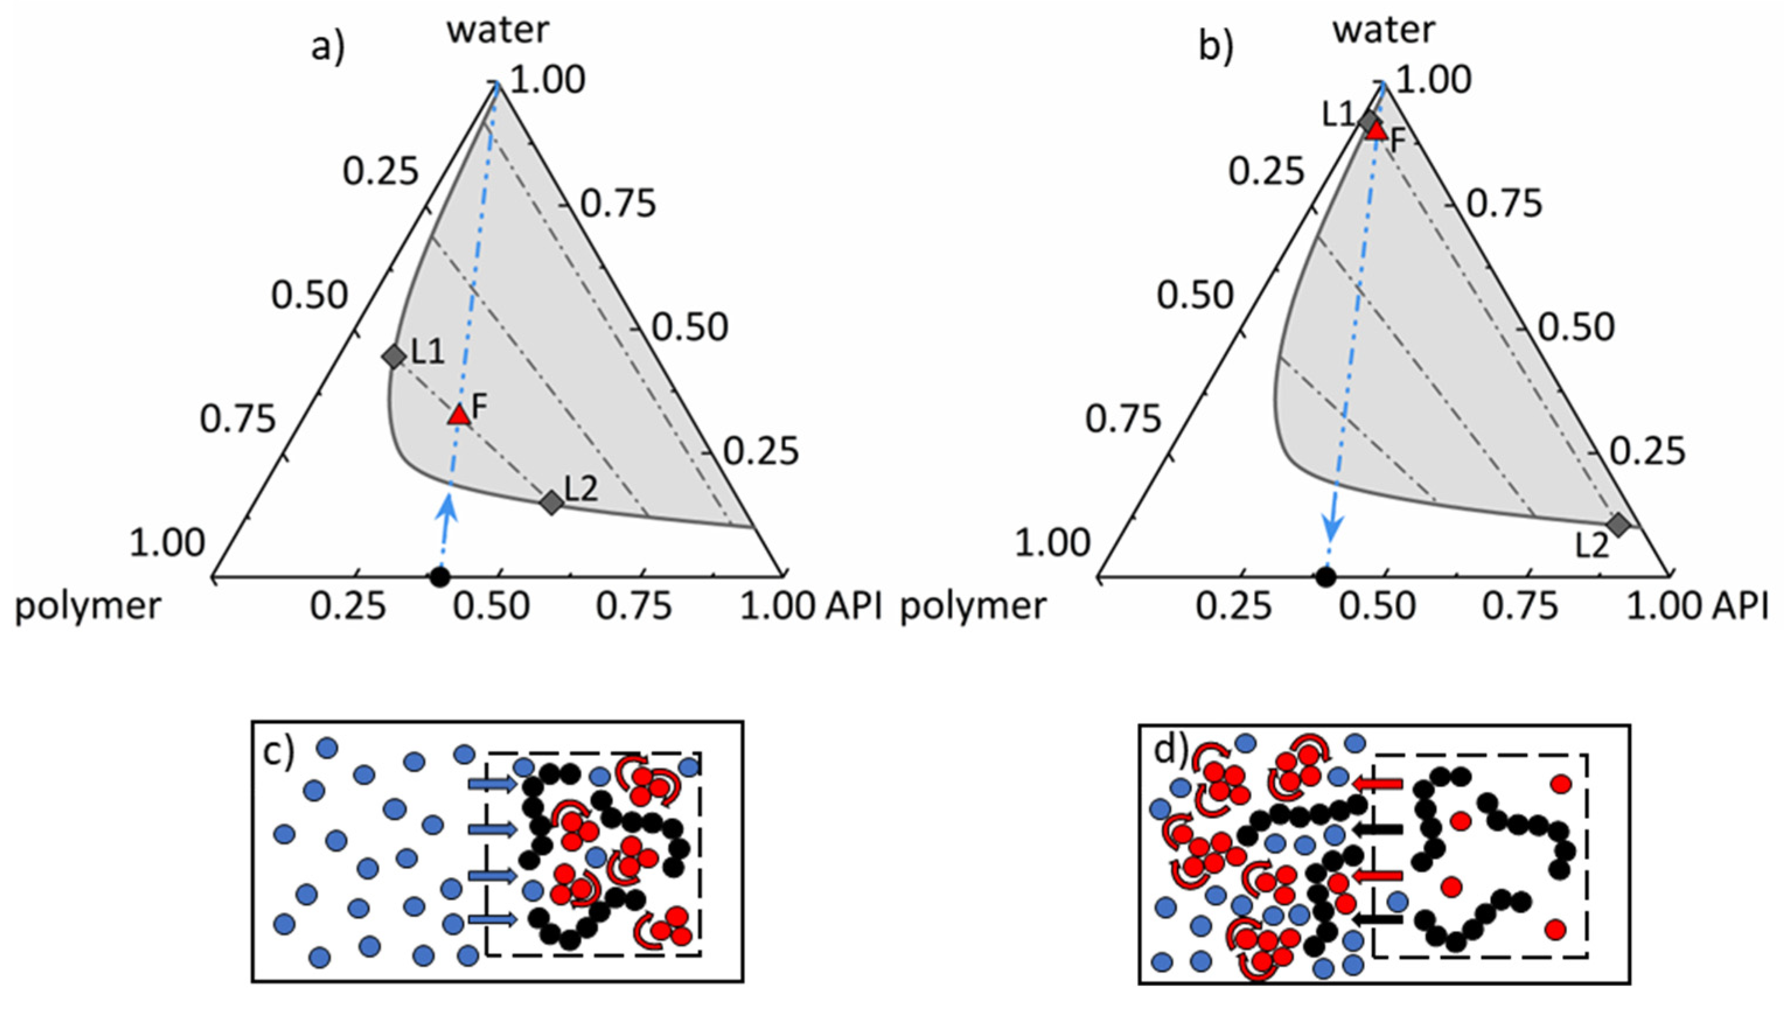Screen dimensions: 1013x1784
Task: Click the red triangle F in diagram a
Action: [x=459, y=415]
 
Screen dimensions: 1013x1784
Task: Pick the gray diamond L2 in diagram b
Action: [x=1618, y=525]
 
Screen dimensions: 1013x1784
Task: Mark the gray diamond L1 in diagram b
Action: [x=1368, y=120]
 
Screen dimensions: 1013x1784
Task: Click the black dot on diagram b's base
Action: [x=1325, y=576]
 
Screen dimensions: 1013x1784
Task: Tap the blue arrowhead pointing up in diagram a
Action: [x=449, y=506]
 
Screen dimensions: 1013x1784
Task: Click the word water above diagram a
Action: [x=498, y=29]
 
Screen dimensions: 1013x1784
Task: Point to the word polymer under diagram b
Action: [x=973, y=607]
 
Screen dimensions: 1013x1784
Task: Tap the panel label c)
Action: [x=280, y=753]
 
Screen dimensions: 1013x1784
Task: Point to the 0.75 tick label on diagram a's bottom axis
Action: [x=634, y=607]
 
